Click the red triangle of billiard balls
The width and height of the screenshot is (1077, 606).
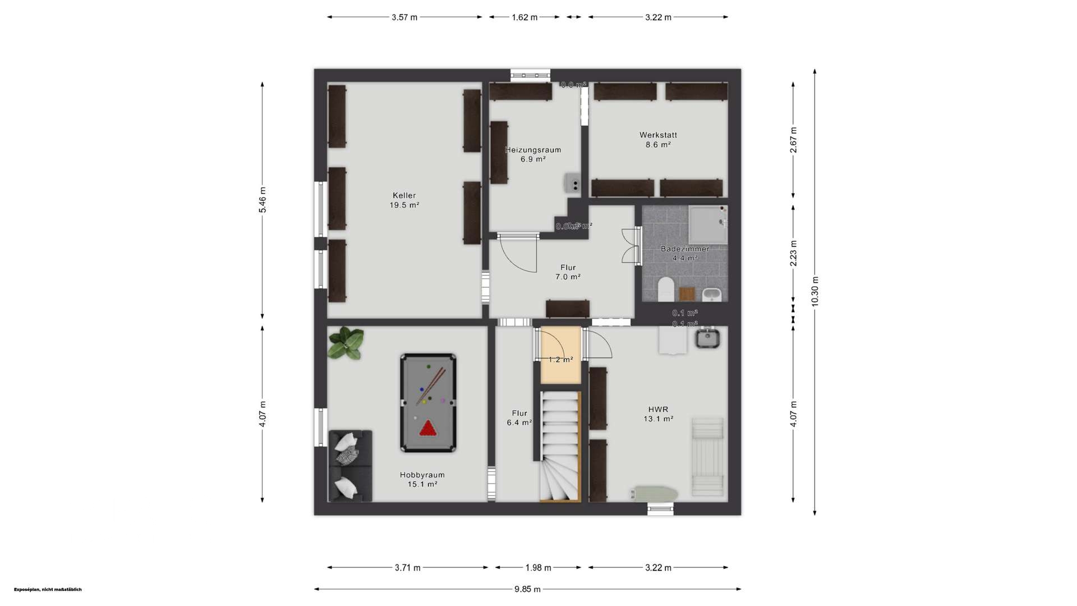coord(428,429)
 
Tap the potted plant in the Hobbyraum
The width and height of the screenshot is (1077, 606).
coord(346,343)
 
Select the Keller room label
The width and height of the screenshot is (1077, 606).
coord(404,200)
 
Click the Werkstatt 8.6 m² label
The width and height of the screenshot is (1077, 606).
coord(658,140)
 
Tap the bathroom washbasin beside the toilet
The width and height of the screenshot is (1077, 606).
coord(711,293)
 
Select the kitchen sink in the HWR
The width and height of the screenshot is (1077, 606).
coord(707,338)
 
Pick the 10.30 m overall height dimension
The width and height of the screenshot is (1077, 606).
coord(815,291)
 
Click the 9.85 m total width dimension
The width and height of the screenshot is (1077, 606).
coord(527,589)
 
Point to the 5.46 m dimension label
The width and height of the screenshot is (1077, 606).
coord(263,200)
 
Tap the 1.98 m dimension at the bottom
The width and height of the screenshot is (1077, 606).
coord(538,568)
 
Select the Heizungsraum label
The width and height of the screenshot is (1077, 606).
coord(533,154)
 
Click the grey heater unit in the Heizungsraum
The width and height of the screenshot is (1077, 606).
coord(572,183)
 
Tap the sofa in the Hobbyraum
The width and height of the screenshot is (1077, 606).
coord(350,465)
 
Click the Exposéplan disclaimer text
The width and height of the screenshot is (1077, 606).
coord(48,590)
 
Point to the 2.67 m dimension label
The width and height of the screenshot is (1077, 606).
coord(793,140)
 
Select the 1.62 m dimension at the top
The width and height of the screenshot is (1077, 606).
coord(524,17)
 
